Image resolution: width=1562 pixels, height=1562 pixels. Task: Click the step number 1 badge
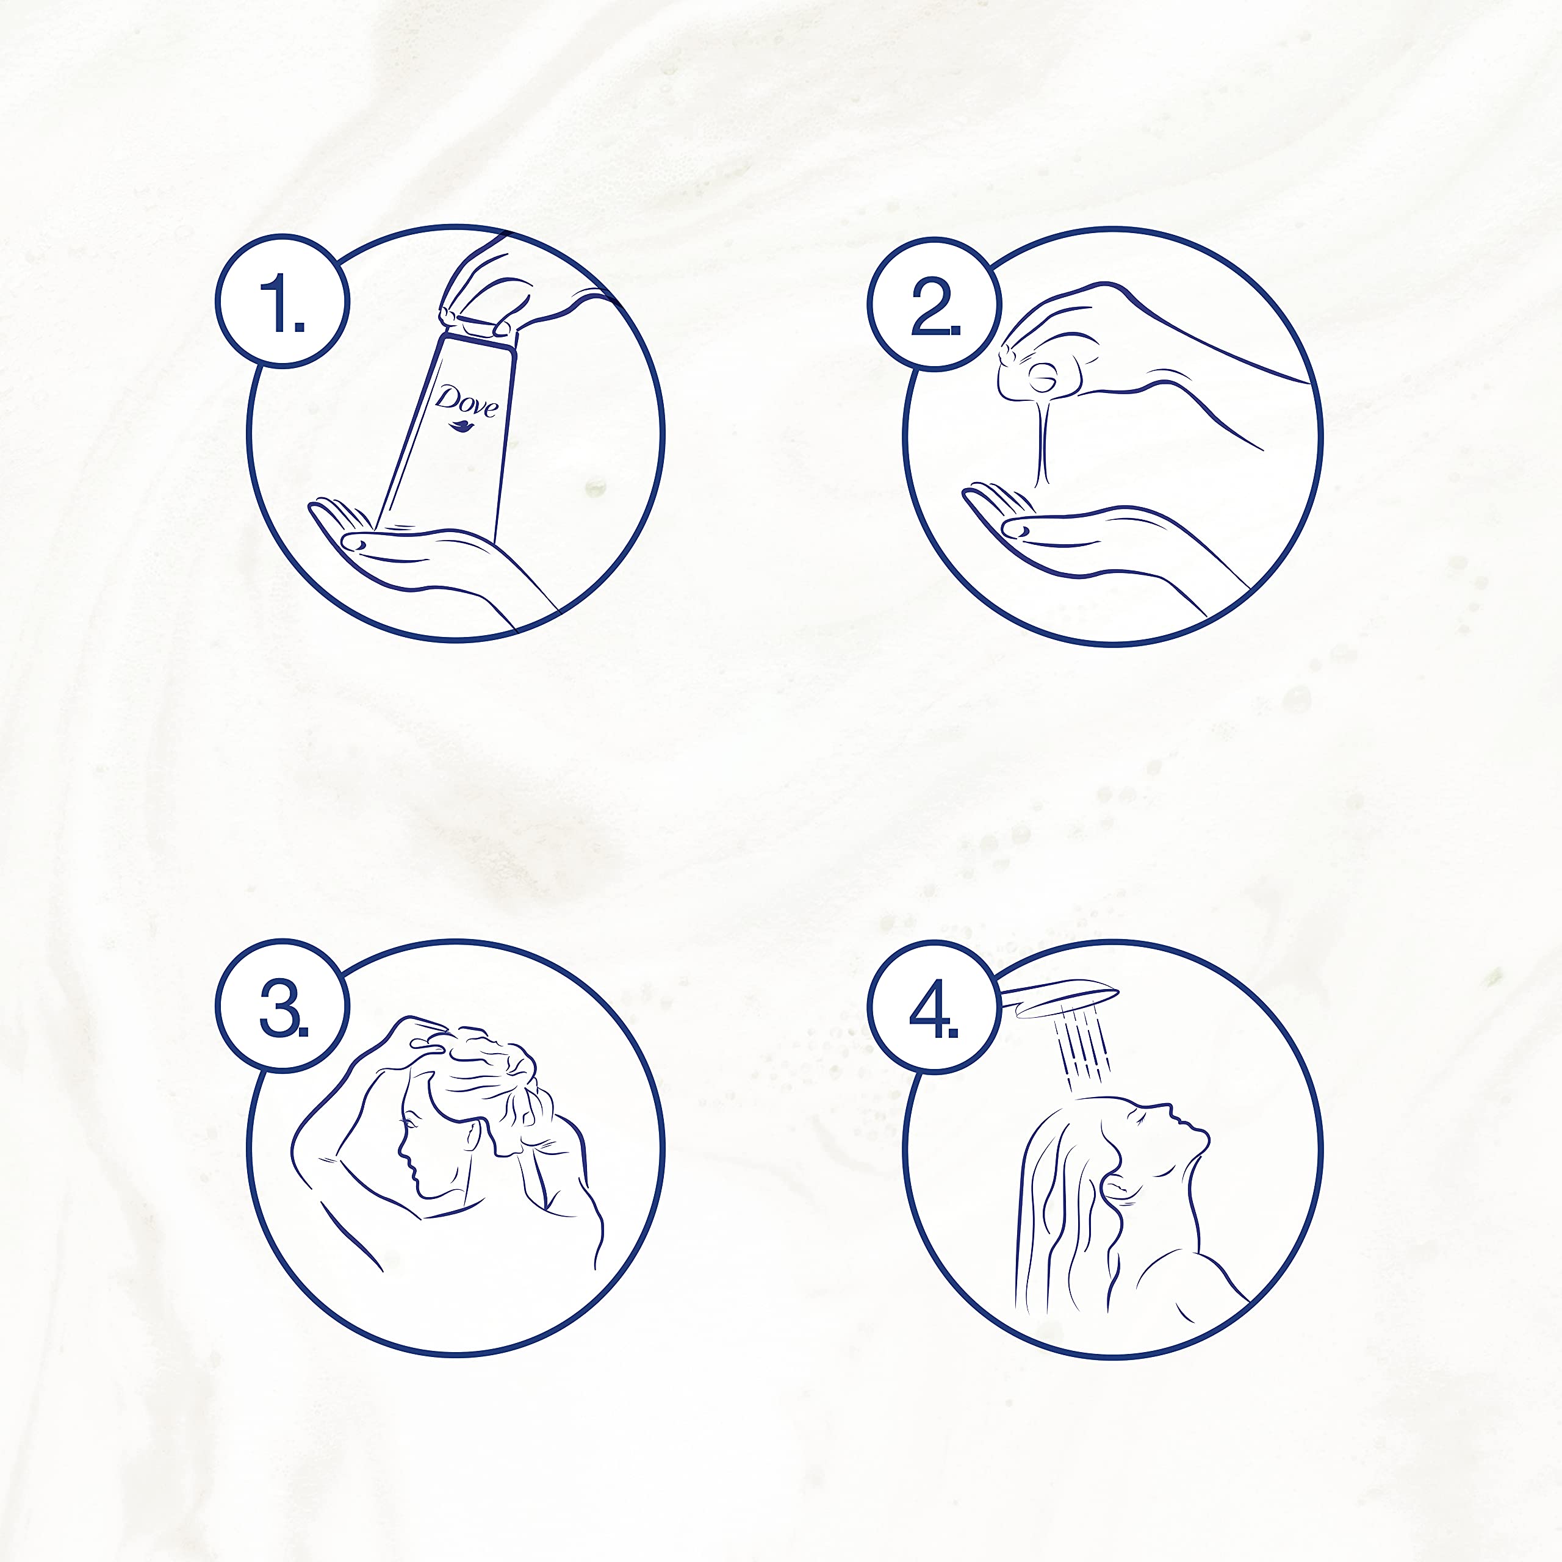(x=282, y=301)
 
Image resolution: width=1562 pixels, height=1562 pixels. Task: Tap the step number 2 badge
(x=935, y=304)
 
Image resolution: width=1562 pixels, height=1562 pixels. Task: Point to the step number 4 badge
(x=935, y=1007)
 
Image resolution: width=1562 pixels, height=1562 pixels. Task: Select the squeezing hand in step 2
(x=1132, y=356)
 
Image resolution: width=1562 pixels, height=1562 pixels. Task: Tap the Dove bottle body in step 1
(x=453, y=437)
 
